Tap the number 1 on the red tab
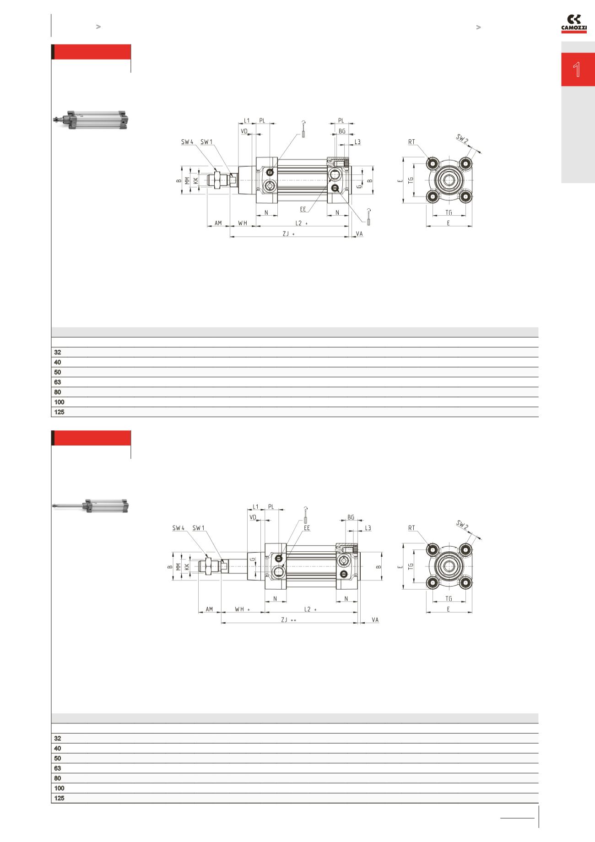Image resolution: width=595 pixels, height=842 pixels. (577, 70)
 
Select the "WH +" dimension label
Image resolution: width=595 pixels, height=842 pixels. (242, 609)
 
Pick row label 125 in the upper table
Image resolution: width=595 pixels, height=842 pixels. (59, 412)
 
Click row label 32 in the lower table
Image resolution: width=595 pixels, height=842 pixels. (58, 738)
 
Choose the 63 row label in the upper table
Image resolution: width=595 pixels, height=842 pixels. (58, 382)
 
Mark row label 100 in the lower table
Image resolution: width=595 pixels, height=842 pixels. (59, 788)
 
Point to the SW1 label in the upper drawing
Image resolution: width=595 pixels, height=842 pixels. (206, 142)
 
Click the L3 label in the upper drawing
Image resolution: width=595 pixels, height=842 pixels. (357, 142)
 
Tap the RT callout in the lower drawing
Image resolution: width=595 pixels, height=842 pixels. (411, 528)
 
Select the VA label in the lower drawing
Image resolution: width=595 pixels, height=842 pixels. (375, 619)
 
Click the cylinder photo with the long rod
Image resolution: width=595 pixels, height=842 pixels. (91, 506)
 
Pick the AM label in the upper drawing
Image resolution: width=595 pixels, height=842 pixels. (218, 223)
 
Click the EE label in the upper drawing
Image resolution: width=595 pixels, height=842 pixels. (303, 209)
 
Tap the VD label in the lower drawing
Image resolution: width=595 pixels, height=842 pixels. (253, 517)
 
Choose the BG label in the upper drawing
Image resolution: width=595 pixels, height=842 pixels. (342, 131)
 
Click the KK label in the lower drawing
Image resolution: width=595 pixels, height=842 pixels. (186, 566)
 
